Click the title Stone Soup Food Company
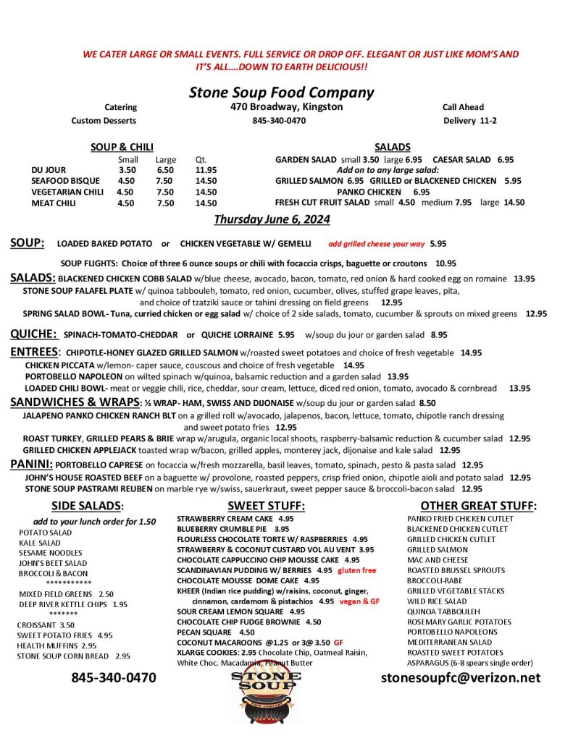[x=281, y=92]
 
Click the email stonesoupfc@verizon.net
[x=461, y=678]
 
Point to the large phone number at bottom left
[x=114, y=678]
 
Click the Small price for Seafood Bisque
[x=126, y=181]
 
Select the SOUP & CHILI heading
[x=122, y=147]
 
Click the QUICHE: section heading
[x=33, y=334]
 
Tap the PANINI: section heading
[x=31, y=464]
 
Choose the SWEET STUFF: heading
[x=267, y=505]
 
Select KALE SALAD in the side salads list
[x=40, y=542]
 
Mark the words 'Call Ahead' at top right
[x=463, y=107]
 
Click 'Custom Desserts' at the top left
[x=104, y=121]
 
